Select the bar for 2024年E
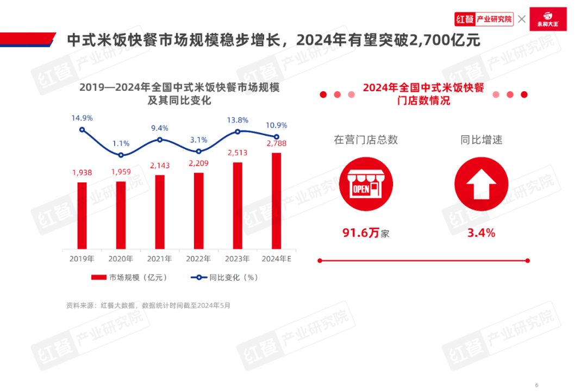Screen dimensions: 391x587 276,200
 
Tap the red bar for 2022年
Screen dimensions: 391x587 199,211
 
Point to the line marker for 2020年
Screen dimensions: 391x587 121,155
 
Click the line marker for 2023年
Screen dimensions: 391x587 238,131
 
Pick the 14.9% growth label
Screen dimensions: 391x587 82,117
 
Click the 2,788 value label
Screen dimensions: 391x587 276,143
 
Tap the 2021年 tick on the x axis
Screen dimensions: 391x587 160,258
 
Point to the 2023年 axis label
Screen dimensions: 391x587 238,258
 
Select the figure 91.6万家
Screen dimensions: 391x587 366,234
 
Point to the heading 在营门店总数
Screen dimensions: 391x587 366,140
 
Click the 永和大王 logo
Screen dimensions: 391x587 548,19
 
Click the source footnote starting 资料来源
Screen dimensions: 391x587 148,305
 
